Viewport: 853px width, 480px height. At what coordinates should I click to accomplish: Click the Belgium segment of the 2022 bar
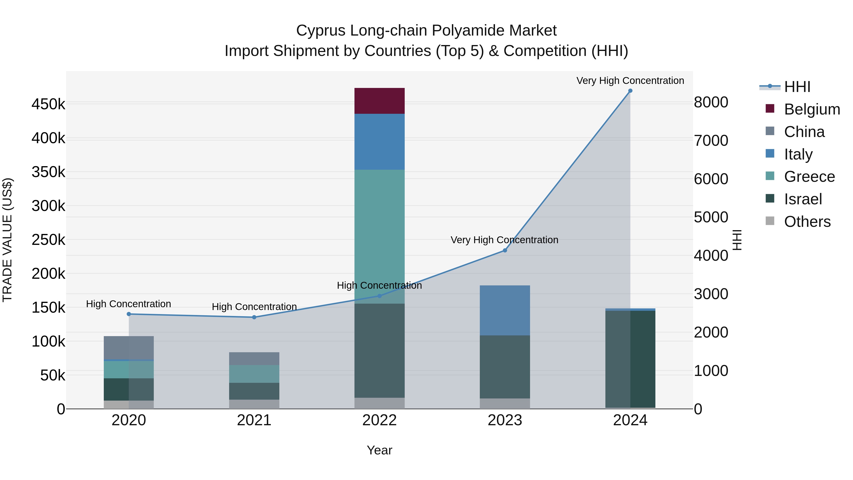[380, 101]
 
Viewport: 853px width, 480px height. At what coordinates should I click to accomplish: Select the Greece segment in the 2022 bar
[380, 237]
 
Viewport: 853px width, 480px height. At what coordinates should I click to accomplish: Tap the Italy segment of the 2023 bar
[505, 310]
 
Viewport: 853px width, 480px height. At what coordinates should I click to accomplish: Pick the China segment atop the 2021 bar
[254, 359]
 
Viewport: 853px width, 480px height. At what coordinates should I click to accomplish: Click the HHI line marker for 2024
[630, 91]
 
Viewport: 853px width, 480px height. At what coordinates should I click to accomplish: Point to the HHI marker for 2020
[129, 314]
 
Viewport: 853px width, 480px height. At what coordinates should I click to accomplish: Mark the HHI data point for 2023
[505, 251]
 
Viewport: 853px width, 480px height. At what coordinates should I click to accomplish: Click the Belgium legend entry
[803, 109]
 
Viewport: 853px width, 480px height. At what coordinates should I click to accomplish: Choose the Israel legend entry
[794, 199]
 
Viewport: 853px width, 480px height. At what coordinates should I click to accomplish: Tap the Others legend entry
[798, 222]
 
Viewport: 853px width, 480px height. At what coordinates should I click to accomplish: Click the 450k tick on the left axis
[48, 104]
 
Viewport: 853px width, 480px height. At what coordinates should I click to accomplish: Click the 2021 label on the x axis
[254, 420]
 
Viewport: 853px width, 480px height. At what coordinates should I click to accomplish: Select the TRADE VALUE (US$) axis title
[7, 240]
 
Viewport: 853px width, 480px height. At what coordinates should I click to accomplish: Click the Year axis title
[380, 450]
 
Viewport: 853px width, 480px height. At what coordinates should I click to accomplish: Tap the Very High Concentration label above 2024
[630, 81]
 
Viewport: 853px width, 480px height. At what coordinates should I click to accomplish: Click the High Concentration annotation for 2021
[254, 307]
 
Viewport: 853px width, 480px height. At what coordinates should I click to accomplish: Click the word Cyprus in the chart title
[321, 31]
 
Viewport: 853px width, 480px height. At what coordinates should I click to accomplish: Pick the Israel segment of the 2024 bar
[630, 359]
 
